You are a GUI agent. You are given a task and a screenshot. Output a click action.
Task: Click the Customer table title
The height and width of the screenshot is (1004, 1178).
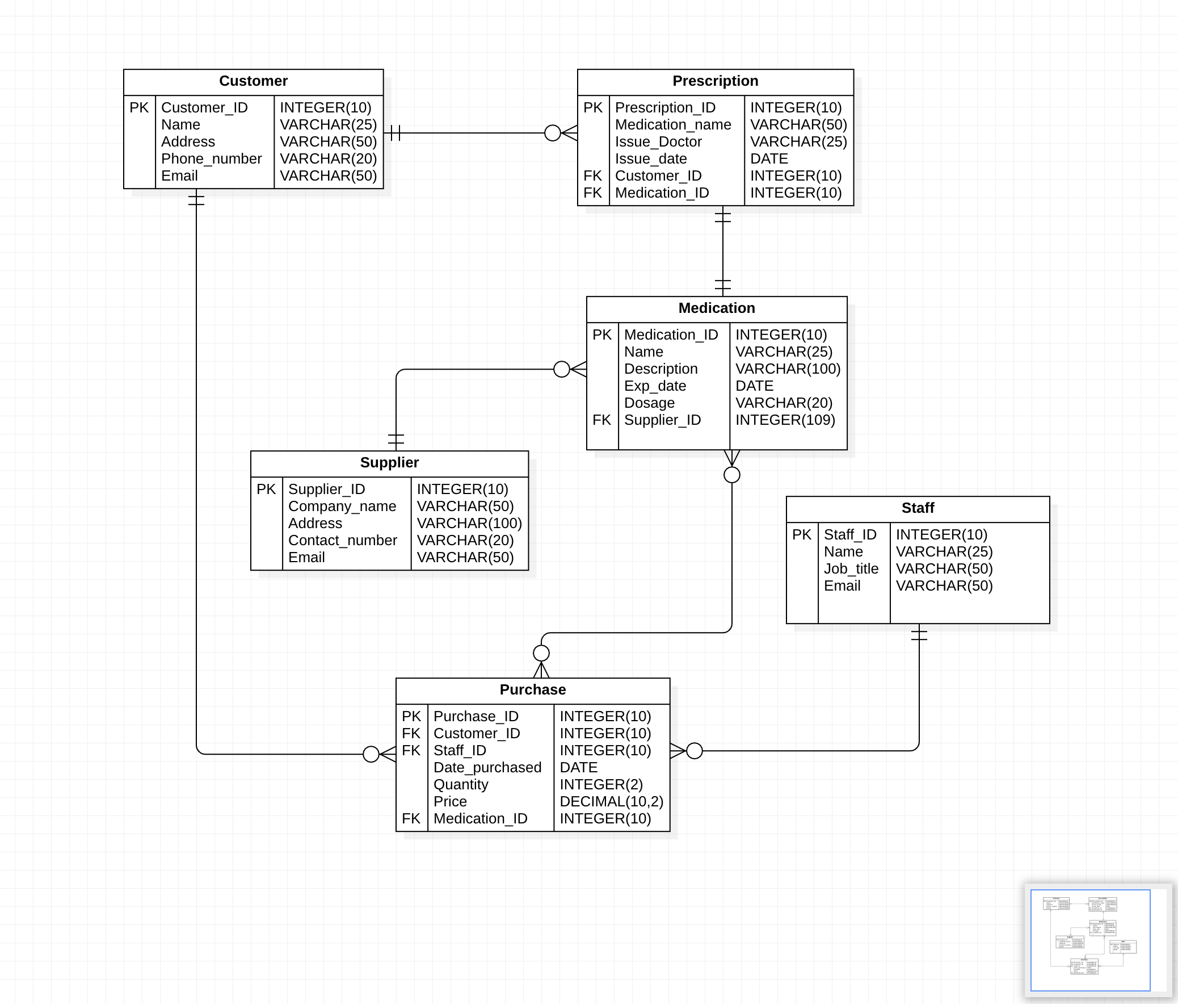[253, 81]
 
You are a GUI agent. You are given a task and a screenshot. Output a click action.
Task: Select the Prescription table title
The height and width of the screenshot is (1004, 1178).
[714, 81]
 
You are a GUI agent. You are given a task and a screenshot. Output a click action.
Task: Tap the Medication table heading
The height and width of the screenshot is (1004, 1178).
[716, 308]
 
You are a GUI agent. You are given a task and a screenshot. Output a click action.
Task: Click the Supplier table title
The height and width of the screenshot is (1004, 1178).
[389, 463]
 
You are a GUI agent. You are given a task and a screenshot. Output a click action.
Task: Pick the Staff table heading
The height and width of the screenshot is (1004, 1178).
[917, 509]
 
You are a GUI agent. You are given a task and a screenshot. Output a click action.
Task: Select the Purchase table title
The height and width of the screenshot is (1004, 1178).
[532, 690]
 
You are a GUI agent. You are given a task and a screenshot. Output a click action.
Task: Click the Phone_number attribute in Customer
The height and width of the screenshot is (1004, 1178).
[211, 158]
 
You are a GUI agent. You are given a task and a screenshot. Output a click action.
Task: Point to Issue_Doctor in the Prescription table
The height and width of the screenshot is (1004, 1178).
[658, 141]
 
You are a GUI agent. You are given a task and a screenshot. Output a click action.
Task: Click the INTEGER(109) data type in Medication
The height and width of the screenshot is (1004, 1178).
[785, 420]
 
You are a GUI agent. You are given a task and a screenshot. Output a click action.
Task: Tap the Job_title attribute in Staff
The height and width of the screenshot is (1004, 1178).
[851, 569]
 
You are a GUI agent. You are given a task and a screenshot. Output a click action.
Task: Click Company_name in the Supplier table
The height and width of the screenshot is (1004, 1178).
[342, 507]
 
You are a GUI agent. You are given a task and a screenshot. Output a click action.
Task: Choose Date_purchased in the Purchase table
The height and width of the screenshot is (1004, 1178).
[487, 768]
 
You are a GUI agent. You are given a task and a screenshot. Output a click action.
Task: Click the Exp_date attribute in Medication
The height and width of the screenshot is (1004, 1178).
[654, 386]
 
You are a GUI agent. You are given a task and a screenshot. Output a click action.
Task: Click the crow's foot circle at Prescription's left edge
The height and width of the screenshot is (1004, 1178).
[552, 133]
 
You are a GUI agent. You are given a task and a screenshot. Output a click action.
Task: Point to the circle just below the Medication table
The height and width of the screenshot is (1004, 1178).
[731, 475]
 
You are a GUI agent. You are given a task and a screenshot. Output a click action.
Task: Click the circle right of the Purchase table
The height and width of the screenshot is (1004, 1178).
[694, 751]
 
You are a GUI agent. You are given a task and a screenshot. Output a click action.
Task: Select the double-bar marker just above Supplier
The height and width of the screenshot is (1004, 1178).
[396, 440]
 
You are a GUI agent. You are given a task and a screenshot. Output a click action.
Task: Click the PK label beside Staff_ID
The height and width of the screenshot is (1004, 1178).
[801, 535]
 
